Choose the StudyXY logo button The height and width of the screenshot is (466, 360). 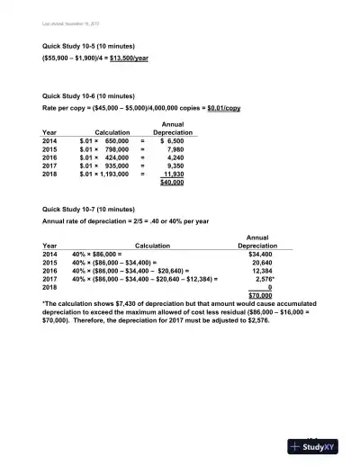(x=319, y=446)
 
